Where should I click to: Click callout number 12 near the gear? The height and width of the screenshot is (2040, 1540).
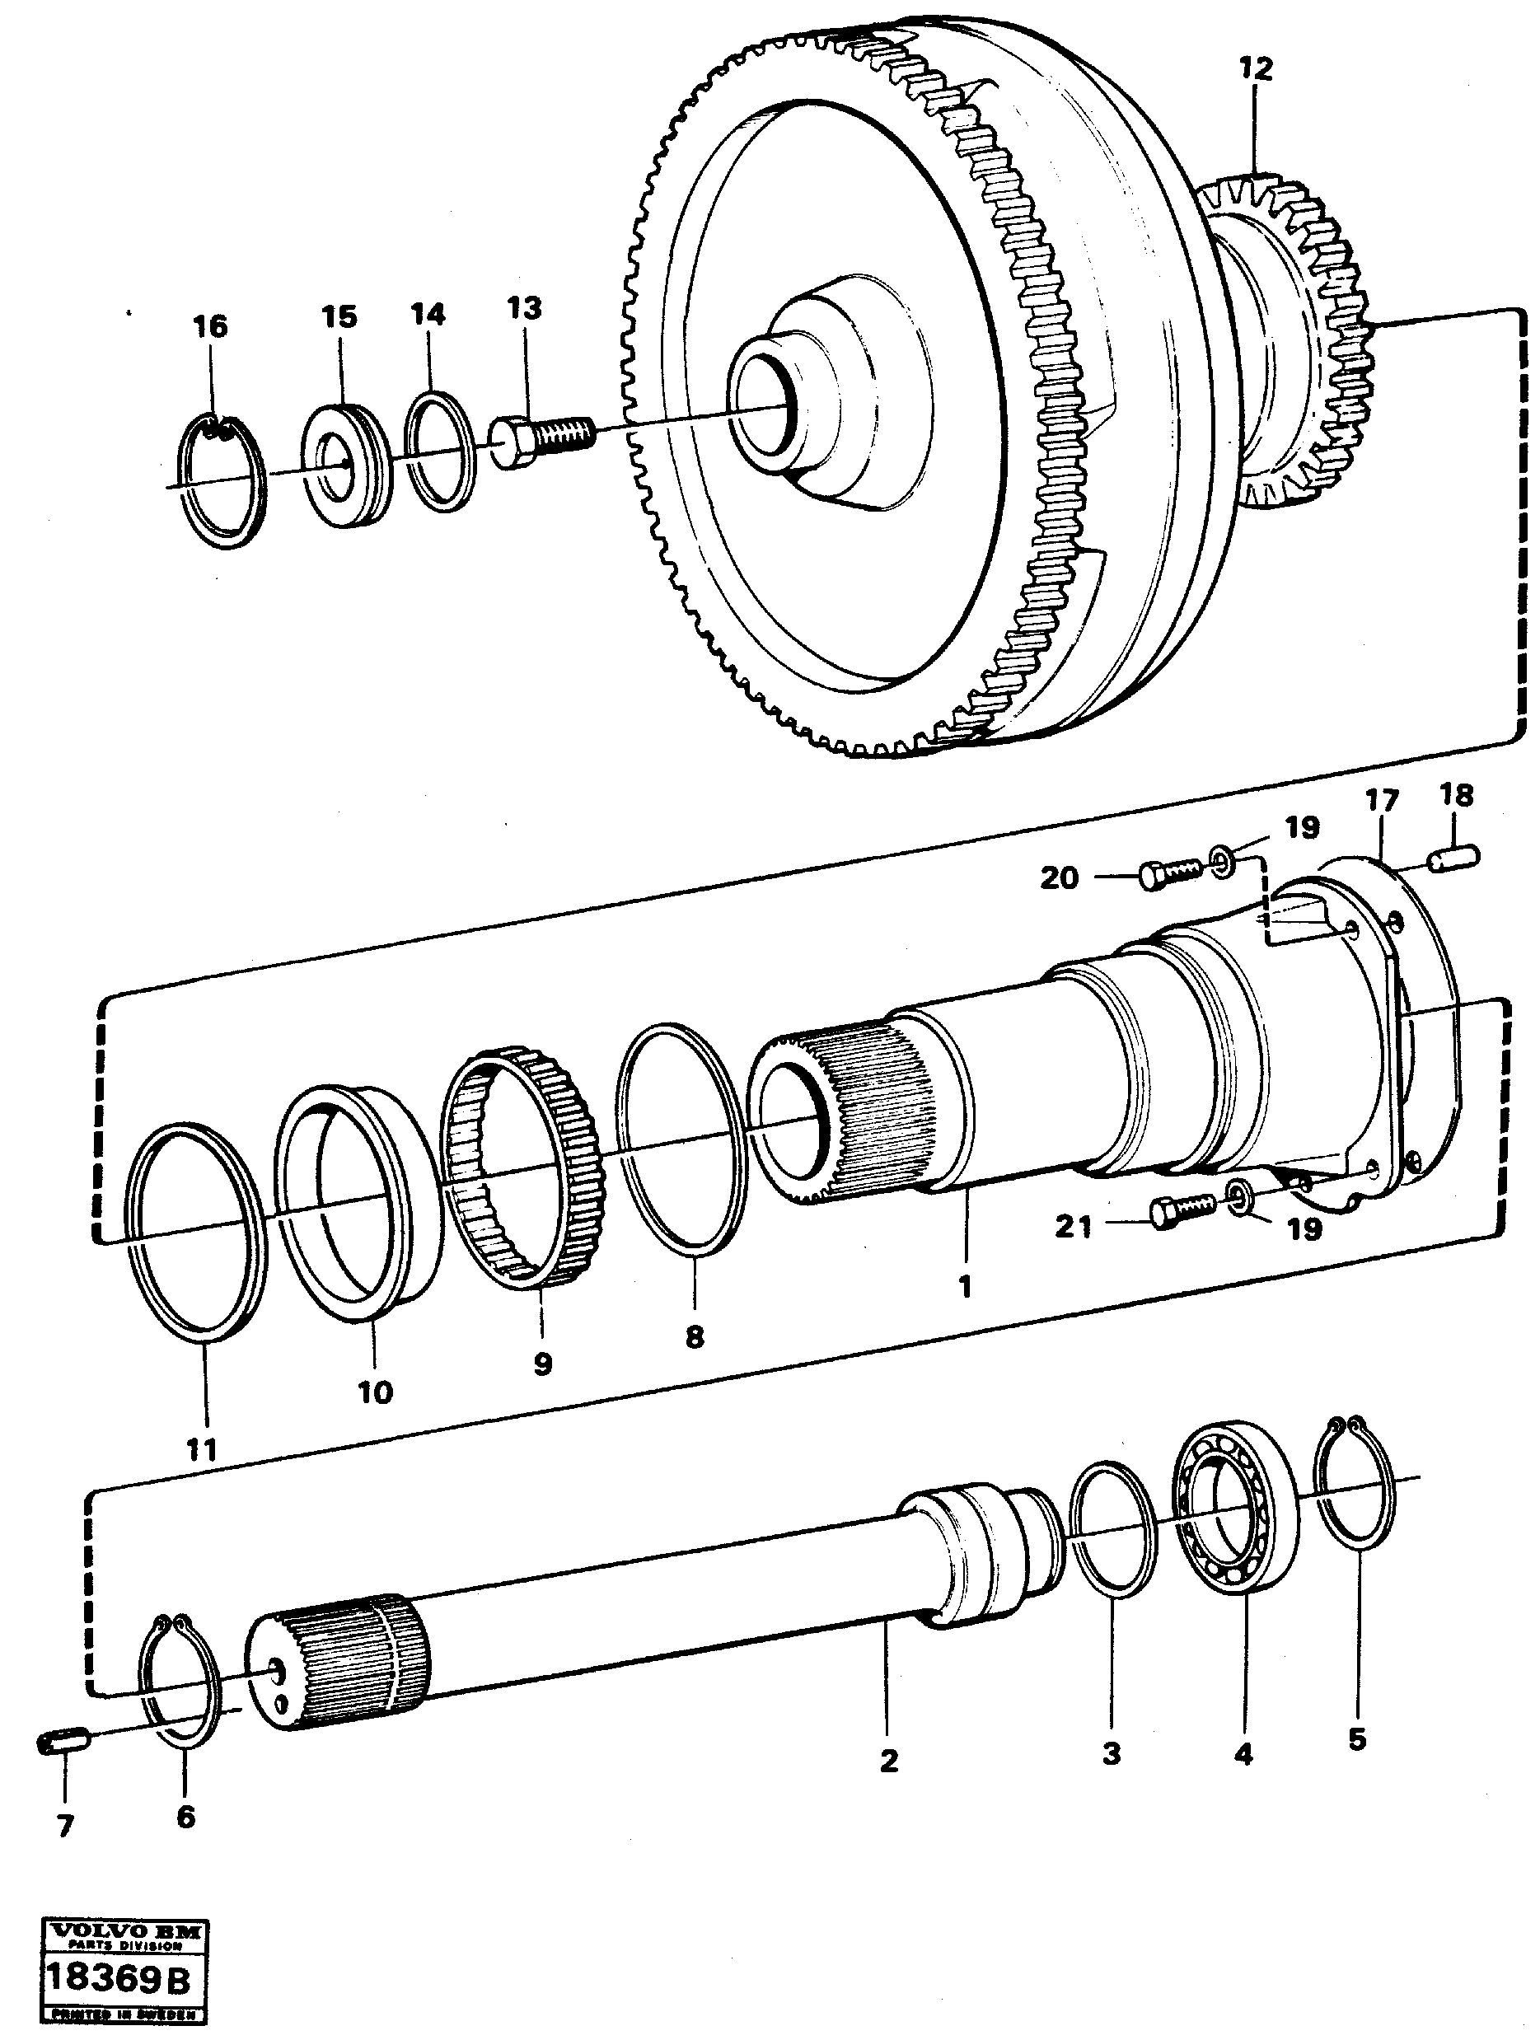1255,69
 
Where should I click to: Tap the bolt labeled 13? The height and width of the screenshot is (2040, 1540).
541,440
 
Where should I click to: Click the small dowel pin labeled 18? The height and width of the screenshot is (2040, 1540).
1455,859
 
